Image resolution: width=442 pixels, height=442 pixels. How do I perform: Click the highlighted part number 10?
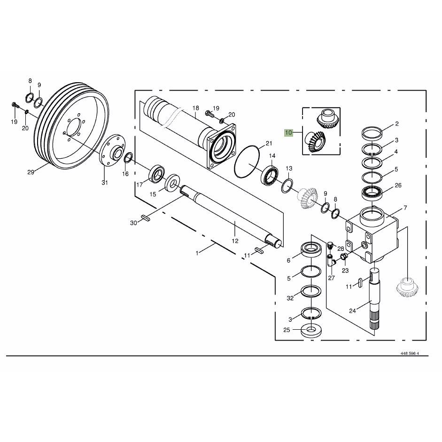[289, 132]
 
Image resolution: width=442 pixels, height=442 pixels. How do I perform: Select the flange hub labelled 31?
[112, 152]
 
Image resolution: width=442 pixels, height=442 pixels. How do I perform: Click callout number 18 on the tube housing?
[195, 108]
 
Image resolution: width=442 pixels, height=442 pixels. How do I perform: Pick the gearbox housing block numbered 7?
[372, 234]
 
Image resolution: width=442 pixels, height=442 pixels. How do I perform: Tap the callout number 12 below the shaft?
[235, 241]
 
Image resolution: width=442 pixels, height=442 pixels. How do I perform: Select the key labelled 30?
[145, 217]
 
